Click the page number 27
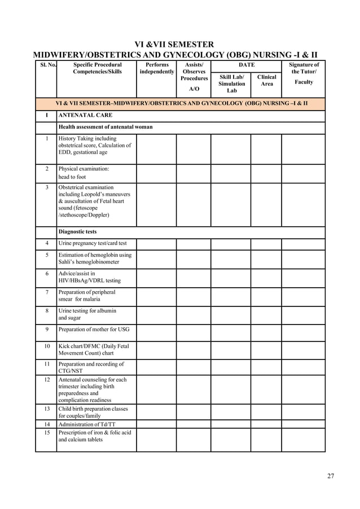pos(331,476)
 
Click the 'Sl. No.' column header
pos(46,65)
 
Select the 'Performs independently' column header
pos(156,69)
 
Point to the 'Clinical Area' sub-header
pos(266,81)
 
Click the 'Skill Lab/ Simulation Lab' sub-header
pos(231,84)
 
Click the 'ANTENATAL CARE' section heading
pos(85,116)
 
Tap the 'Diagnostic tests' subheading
pos(77,232)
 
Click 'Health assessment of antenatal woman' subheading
pos(106,127)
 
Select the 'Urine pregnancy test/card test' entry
pos(93,244)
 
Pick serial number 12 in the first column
pos(46,380)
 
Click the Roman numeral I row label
pos(46,116)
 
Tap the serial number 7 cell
pos(46,292)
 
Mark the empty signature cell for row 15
pos(304,440)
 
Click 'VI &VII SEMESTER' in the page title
pos(174,45)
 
